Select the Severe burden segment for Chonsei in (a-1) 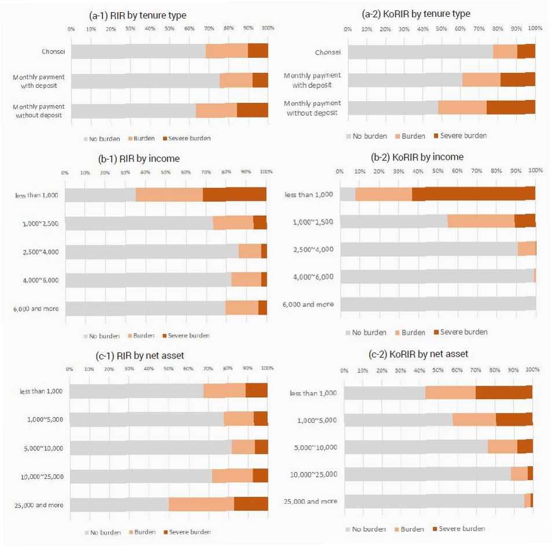point(258,51)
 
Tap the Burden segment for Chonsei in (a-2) point(505,51)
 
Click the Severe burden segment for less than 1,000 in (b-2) point(473,194)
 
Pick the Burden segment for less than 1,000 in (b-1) point(169,194)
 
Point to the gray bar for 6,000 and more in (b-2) point(438,304)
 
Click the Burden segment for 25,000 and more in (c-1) point(201,504)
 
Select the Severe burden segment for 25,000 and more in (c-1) point(251,504)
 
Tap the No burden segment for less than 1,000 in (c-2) point(385,392)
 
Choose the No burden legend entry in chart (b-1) point(102,335)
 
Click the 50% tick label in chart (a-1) point(170,28)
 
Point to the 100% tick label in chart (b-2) point(535,171)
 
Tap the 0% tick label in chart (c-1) point(69,368)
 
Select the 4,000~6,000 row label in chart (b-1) point(39,280)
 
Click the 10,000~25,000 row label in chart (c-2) point(313,474)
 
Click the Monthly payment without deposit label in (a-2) point(313,108)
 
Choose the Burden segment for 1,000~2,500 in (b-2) point(481,221)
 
